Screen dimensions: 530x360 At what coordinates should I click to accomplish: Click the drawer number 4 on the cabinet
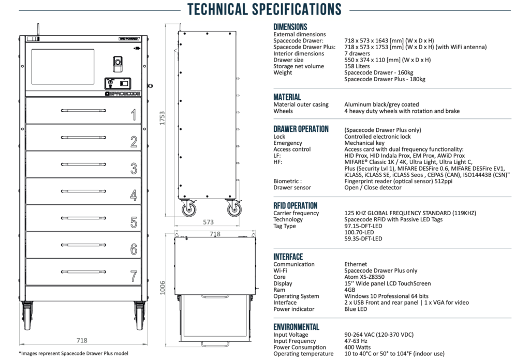pos(134,196)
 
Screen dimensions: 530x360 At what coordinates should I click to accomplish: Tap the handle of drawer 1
pos(83,110)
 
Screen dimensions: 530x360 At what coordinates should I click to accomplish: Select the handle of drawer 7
pos(83,272)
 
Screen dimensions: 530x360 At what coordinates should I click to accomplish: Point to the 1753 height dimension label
pos(163,118)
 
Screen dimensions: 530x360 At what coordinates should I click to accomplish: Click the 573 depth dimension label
pos(208,222)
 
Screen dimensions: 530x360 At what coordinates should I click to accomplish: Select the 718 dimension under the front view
pos(82,340)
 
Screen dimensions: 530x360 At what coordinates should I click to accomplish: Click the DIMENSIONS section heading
pos(290,27)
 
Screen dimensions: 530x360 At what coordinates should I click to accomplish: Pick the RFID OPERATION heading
pos(296,205)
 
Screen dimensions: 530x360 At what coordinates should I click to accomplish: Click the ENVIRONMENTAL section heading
pos(296,327)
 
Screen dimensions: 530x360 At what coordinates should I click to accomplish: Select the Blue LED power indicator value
pos(356,309)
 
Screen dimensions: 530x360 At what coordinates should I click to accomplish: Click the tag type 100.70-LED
pos(359,232)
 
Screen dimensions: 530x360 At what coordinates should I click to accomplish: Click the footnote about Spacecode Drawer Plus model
pos(73,353)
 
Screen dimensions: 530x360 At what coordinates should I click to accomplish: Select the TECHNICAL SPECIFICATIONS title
pos(264,9)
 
